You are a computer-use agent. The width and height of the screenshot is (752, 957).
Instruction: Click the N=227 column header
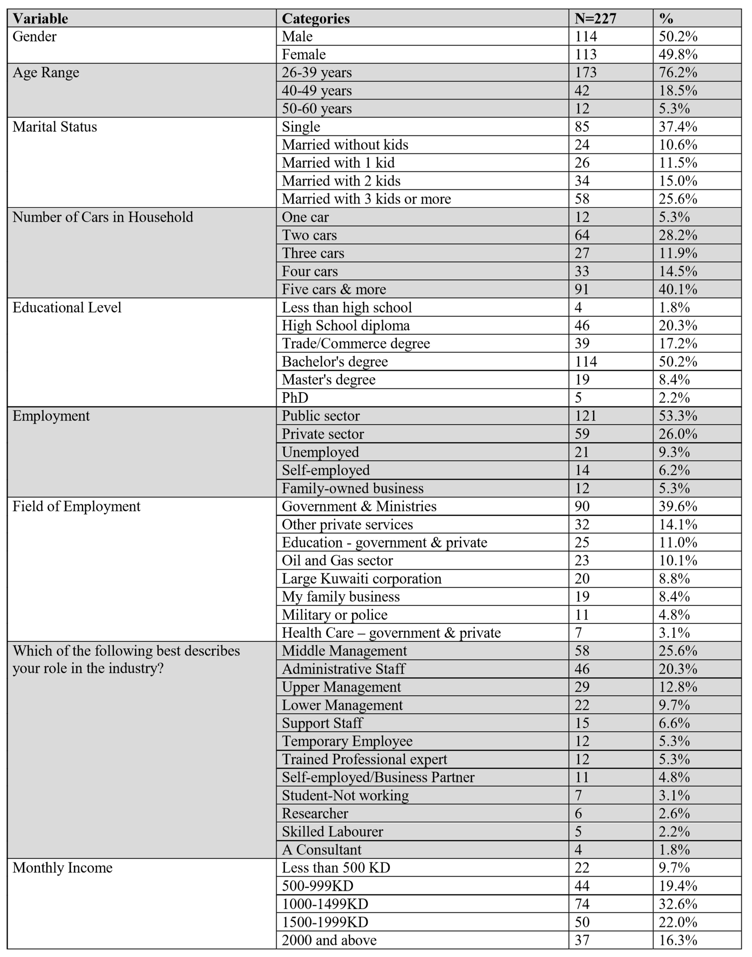tap(595, 19)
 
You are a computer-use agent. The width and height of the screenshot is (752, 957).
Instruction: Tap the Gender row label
tap(34, 37)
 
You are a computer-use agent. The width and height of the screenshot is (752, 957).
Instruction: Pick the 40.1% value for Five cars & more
tap(678, 289)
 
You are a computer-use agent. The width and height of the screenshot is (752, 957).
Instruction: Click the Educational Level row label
tap(67, 307)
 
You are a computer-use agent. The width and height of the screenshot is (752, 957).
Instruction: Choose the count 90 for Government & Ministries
tap(582, 506)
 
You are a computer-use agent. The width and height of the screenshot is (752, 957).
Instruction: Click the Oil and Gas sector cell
tap(337, 560)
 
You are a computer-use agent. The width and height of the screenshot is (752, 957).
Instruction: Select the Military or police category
tap(335, 615)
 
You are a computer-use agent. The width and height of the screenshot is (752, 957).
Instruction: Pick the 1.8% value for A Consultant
tap(674, 849)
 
